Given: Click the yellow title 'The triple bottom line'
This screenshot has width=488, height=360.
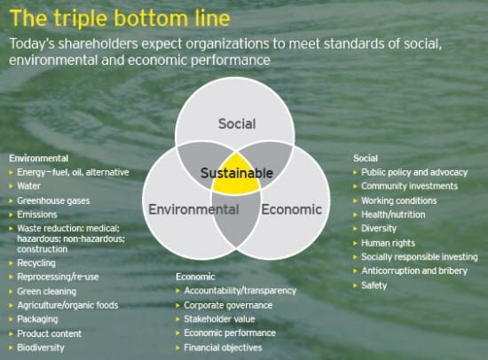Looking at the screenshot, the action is tap(120, 19).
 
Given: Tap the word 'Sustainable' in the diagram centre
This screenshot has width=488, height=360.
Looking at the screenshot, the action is tap(237, 173).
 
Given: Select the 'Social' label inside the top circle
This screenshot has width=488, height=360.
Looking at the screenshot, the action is tap(237, 124).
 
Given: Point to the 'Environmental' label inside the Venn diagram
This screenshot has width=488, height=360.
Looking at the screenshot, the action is tap(193, 209).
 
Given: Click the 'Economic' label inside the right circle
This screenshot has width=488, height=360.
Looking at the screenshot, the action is tap(292, 209).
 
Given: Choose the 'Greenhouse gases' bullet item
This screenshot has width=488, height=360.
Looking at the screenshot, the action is tap(53, 200).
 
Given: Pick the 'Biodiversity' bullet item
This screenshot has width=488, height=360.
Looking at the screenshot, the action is tap(41, 348).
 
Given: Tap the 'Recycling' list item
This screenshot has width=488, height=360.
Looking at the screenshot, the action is tap(36, 263).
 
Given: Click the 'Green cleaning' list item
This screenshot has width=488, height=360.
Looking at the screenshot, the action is tap(47, 292).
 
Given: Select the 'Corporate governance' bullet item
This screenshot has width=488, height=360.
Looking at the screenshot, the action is tap(228, 305).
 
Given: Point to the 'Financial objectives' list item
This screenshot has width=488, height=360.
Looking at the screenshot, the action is tap(223, 348).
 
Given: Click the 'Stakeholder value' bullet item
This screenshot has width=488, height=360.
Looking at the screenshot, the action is tap(219, 319).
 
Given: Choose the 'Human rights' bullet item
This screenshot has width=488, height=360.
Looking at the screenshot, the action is tap(388, 243).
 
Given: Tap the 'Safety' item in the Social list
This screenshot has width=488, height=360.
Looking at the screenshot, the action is tap(374, 286).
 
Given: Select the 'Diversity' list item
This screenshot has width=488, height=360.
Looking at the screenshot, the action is tap(379, 229).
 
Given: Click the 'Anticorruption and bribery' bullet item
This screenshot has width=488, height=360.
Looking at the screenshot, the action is tap(414, 271).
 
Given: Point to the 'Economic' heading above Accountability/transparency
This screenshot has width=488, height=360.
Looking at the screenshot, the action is tap(195, 277).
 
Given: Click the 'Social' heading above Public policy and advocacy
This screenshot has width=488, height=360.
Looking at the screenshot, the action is tap(366, 158).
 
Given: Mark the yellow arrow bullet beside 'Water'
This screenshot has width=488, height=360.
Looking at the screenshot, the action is tap(12, 186).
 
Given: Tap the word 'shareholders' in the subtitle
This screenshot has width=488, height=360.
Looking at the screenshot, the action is tap(98, 43).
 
